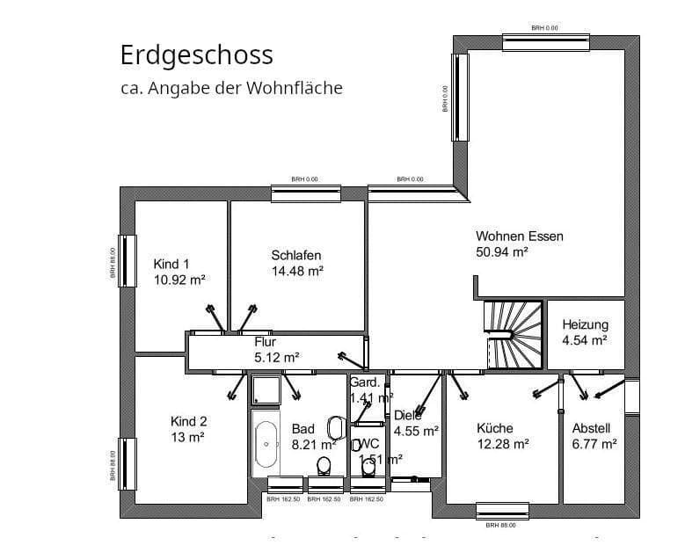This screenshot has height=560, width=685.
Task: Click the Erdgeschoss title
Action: [196, 55]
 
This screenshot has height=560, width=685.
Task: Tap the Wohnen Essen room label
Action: [520, 236]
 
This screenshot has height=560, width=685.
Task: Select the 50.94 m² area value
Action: [502, 253]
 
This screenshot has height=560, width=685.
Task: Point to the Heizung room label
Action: [585, 324]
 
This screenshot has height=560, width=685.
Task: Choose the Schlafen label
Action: [296, 256]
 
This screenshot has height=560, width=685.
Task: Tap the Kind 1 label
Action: [171, 265]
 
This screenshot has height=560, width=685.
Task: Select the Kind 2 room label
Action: [189, 421]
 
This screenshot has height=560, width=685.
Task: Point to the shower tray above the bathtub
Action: [265, 389]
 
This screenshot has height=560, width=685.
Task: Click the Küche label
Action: [495, 428]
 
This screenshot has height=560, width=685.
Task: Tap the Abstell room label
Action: [591, 428]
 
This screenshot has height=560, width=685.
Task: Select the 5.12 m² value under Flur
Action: [276, 357]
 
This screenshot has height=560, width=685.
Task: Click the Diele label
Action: [407, 415]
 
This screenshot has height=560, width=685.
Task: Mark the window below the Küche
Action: [502, 510]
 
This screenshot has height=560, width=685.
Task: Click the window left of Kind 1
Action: [128, 260]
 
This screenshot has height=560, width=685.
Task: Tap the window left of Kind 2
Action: [128, 464]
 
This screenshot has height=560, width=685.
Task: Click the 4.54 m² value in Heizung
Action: [585, 340]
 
